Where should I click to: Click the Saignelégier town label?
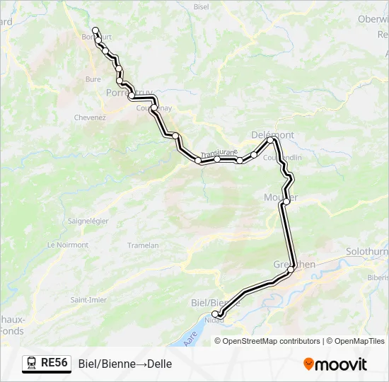click(88, 221)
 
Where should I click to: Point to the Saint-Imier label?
click(88, 300)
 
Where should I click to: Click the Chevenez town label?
click(90, 117)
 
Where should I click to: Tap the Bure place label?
click(93, 79)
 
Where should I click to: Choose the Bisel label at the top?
click(201, 6)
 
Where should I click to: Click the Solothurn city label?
click(367, 252)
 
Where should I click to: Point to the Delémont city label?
click(273, 134)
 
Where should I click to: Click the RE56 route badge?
click(54, 363)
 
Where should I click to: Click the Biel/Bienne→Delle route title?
click(125, 364)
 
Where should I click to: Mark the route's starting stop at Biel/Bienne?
click(216, 315)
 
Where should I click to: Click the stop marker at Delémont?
click(270, 140)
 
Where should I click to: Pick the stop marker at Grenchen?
click(290, 270)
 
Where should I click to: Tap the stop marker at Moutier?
click(285, 202)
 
